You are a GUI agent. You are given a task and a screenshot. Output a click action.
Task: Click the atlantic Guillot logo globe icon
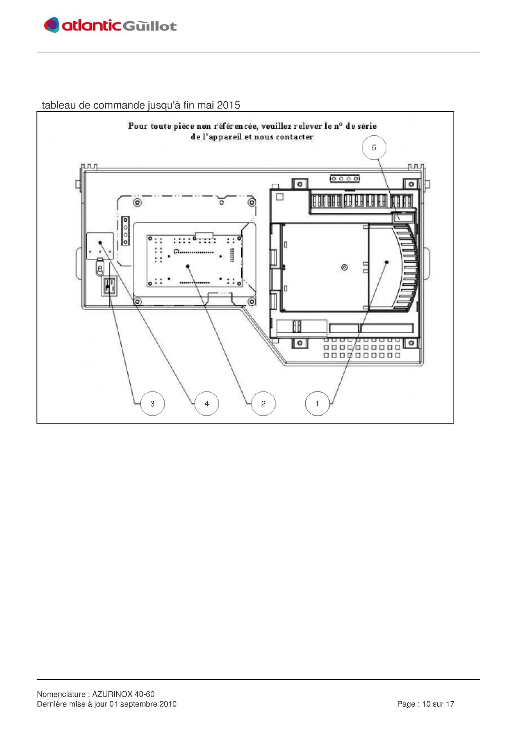coord(52,25)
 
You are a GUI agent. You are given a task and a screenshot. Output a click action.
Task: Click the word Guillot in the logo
coord(149,26)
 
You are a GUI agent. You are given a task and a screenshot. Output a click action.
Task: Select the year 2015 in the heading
coord(228,105)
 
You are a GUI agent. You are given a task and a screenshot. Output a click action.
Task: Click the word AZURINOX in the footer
coord(112,694)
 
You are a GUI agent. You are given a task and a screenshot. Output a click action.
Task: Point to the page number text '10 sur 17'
coord(438,704)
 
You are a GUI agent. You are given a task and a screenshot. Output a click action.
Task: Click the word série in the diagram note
coord(367,126)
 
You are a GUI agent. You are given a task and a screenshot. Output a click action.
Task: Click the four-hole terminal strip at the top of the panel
coord(345,179)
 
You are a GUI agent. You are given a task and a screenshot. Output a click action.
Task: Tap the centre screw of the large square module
coord(344,267)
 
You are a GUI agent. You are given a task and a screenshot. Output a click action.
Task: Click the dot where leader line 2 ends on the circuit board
coord(188,266)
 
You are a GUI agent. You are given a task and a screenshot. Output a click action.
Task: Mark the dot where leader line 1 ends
coord(386,262)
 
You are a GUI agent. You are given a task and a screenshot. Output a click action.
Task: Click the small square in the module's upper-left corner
coord(280,197)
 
